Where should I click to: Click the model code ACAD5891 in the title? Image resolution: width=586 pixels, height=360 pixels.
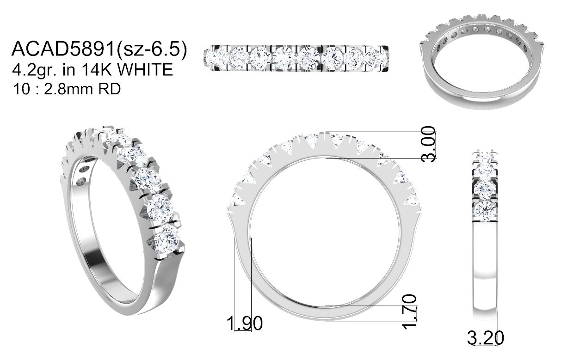coord(63,49)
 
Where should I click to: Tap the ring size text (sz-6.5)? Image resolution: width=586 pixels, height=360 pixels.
coord(152,49)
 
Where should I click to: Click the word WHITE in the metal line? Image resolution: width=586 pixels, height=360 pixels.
coord(145,69)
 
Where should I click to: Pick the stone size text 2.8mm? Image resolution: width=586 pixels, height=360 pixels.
coord(68,89)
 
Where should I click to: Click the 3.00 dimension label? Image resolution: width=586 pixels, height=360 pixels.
coord(428,144)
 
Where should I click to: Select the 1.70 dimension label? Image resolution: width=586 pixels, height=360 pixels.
coord(409,311)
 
